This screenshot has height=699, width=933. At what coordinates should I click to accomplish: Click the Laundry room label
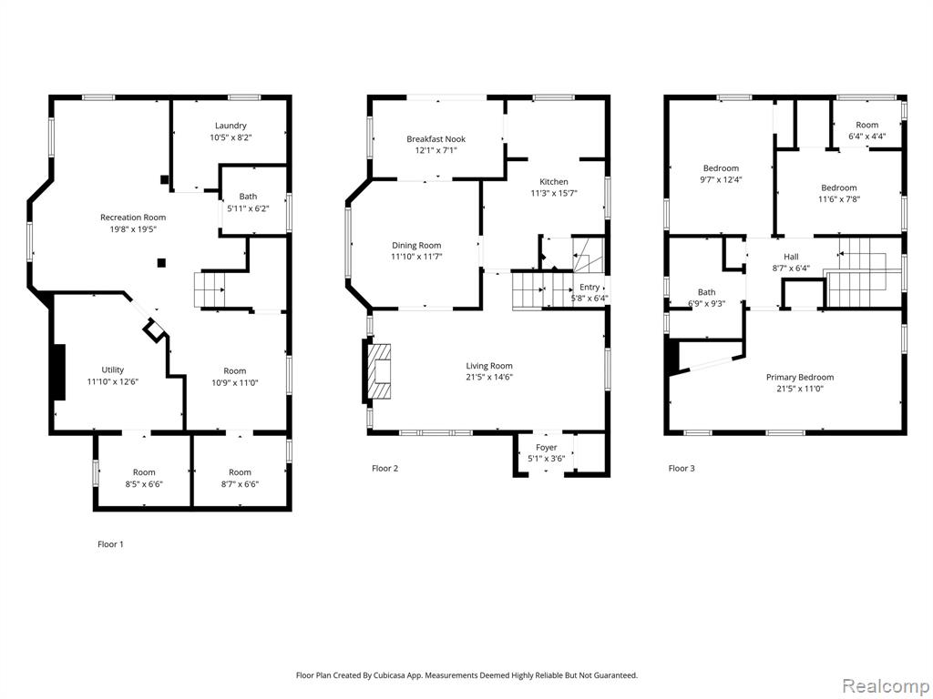(231, 126)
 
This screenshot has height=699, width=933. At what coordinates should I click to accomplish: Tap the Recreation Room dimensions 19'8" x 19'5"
(133, 228)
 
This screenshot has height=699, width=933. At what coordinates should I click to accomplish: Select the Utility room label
(112, 370)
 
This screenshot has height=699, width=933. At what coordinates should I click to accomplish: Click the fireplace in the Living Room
(378, 371)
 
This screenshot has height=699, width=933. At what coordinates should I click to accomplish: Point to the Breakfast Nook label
(436, 139)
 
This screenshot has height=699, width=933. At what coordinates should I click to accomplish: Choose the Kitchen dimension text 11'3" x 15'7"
(554, 193)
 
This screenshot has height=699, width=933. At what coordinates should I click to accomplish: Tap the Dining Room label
(416, 245)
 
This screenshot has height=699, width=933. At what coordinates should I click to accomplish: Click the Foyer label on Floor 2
(547, 447)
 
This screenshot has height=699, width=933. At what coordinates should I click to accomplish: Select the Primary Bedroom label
(800, 377)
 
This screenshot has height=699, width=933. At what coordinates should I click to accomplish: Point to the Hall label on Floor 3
(791, 256)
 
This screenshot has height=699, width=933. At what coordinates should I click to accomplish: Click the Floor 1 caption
(110, 544)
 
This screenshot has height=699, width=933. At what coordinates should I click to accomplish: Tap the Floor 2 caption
(385, 468)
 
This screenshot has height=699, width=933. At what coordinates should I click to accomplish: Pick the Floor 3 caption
(682, 468)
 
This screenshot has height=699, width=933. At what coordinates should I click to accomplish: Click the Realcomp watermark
(885, 685)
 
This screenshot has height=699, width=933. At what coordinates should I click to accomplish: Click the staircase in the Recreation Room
(210, 289)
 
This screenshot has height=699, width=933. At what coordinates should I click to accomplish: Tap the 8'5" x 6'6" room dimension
(144, 484)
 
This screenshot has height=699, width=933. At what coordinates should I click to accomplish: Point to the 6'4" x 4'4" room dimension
(867, 136)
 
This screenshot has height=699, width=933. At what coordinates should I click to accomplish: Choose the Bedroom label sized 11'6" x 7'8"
(839, 187)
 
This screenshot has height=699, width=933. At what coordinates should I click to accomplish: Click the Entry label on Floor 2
(590, 287)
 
